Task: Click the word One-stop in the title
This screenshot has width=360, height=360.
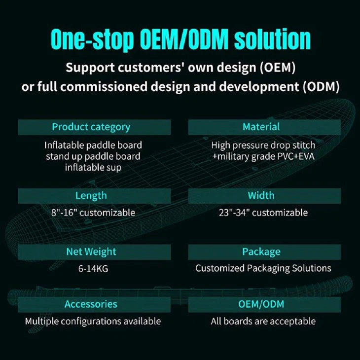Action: click(92, 39)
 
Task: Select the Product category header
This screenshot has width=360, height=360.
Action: click(94, 127)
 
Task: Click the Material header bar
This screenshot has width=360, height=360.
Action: click(264, 127)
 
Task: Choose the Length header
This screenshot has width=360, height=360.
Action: click(94, 196)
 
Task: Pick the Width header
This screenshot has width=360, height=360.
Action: click(264, 196)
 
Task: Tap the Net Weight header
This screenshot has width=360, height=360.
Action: click(94, 252)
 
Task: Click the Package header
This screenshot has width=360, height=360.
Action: click(264, 252)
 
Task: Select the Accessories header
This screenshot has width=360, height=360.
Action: click(94, 304)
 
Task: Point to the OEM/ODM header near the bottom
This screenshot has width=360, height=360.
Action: click(264, 304)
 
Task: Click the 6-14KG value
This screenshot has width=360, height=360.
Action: click(93, 268)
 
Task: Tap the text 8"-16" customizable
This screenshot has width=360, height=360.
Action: click(93, 213)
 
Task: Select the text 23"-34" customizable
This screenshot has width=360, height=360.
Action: click(263, 213)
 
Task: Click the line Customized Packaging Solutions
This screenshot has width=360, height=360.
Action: click(263, 268)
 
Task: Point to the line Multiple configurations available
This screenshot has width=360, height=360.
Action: click(93, 322)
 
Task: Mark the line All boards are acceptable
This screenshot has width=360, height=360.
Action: click(263, 322)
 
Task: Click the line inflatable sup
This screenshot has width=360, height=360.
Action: click(93, 167)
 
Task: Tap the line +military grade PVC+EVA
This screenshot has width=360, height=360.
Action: click(263, 156)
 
